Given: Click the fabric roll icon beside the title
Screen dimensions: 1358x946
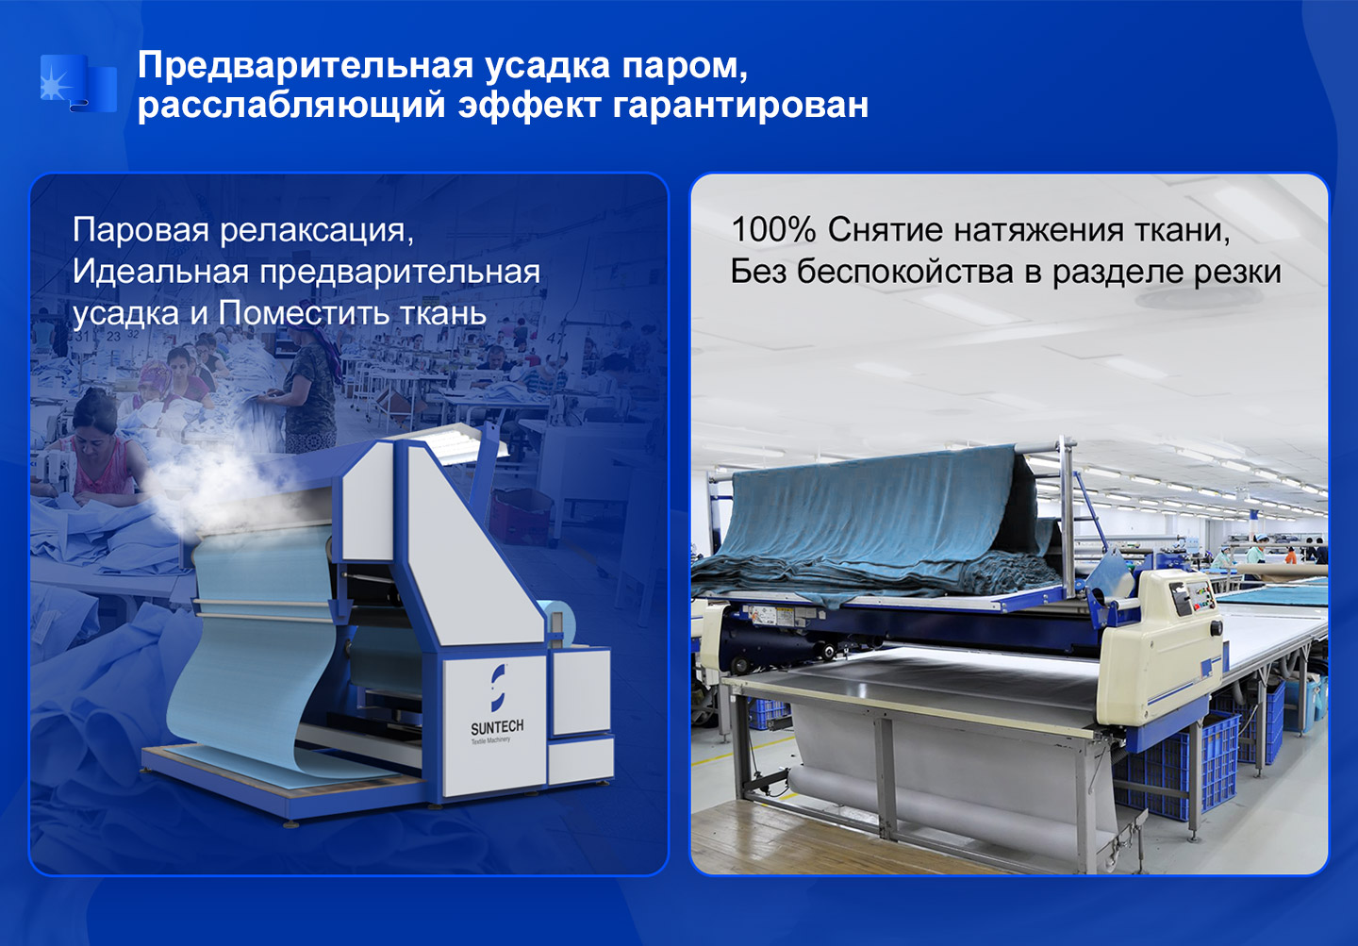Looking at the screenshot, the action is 78,83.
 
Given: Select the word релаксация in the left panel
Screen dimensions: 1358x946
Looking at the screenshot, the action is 317,231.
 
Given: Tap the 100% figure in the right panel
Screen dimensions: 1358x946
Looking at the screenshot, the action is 773,230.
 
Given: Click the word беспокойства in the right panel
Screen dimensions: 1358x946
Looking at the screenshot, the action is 904,272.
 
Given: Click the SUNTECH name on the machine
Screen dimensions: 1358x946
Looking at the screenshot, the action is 497,726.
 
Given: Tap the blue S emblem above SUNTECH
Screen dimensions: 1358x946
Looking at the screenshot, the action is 498,688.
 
